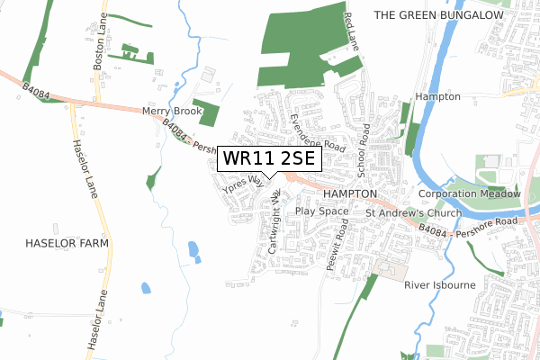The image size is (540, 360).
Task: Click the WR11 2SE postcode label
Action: (x=268, y=159)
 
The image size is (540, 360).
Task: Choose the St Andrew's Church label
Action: (x=413, y=213)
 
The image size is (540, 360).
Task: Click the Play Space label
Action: (x=321, y=211)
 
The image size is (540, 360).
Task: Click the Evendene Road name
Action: (x=318, y=132)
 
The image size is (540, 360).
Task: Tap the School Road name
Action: (x=364, y=149)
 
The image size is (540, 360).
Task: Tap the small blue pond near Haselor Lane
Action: (x=146, y=289)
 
